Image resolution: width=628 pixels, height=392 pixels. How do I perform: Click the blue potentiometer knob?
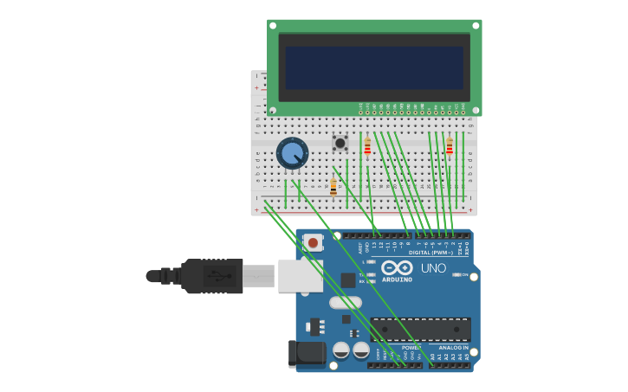click(292, 153)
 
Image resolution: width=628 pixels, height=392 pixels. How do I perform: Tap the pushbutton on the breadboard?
click(340, 143)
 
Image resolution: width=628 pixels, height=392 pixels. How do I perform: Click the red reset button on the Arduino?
click(313, 243)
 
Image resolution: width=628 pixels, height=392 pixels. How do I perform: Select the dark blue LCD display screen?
click(374, 68)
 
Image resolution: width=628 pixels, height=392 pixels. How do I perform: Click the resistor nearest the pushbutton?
click(367, 146)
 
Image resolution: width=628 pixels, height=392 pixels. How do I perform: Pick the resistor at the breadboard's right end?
click(450, 146)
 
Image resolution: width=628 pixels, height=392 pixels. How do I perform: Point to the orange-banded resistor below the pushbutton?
click(333, 187)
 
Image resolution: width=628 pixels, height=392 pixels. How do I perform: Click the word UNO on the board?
click(433, 268)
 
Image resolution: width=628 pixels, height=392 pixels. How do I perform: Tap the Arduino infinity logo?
click(398, 267)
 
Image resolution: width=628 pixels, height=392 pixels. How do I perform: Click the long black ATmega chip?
click(421, 329)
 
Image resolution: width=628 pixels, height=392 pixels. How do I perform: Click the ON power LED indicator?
click(454, 275)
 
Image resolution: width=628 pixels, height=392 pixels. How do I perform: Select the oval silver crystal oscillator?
click(345, 303)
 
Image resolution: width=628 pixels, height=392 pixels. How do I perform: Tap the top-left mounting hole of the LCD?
click(273, 26)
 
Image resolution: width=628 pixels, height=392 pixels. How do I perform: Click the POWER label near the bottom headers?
click(411, 348)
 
